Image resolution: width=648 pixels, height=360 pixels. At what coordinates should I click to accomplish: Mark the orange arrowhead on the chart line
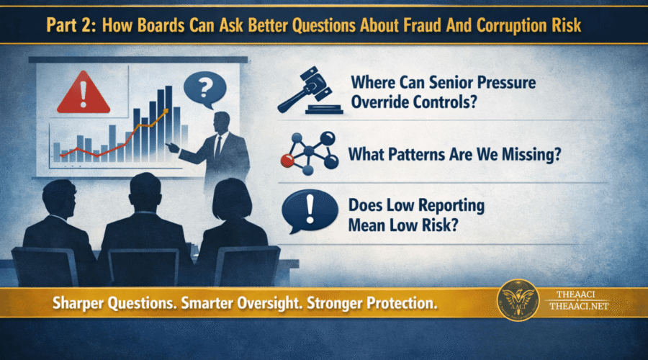point(166,110)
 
